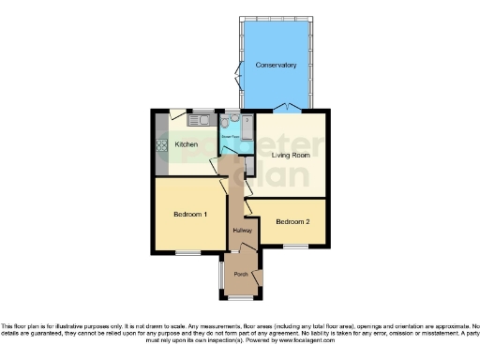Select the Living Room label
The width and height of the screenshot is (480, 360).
click(x=291, y=155)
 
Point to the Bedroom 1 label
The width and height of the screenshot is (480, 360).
click(x=189, y=215)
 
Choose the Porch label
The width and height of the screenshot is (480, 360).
click(x=240, y=276)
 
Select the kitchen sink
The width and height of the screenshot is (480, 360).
click(x=199, y=119)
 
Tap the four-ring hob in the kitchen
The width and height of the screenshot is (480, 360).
click(x=161, y=145)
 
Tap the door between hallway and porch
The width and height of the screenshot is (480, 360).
click(x=246, y=248)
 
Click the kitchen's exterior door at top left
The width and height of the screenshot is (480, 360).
click(x=177, y=112)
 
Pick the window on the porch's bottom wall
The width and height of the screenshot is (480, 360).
click(x=240, y=298)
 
